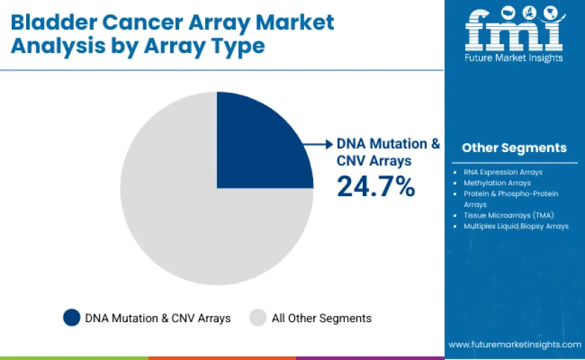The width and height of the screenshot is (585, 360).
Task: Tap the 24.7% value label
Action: [376, 186]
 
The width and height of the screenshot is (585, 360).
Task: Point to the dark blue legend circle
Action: [72, 317]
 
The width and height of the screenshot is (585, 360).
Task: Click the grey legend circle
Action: [258, 317]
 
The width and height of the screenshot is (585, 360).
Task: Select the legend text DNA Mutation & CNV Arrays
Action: [158, 318]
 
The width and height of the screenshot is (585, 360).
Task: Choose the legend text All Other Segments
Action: [321, 318]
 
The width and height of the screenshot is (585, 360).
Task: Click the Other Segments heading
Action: [514, 147]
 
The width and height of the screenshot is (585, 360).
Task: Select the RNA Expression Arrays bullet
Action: [502, 172]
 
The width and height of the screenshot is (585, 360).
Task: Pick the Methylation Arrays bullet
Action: [497, 183]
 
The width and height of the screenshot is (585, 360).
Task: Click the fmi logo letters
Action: [513, 28]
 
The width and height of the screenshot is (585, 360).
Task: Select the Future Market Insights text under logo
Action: [514, 58]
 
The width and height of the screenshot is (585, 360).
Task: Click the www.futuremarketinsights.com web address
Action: [515, 344]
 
